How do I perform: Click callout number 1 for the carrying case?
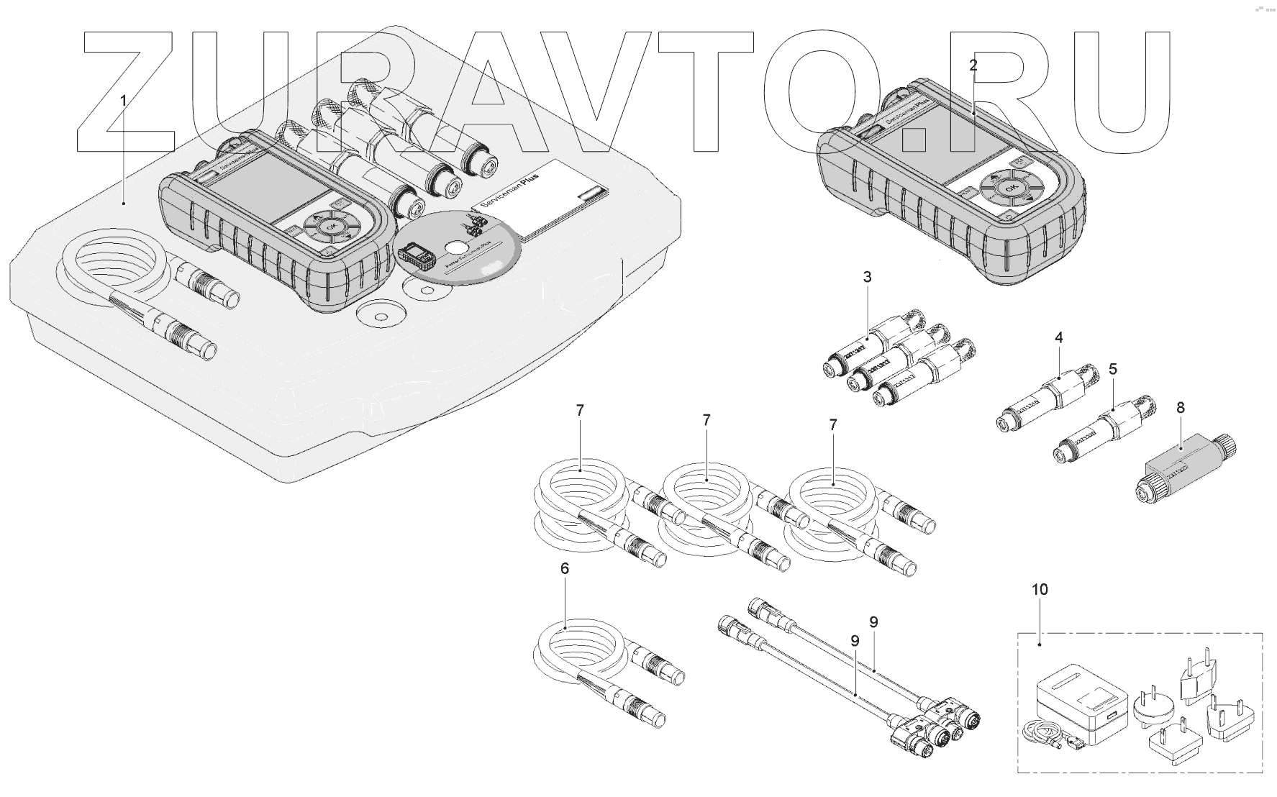point(123,101)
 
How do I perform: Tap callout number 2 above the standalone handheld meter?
point(973,65)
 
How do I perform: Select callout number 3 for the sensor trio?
point(867,277)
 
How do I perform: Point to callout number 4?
point(1058,337)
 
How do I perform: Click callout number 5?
point(1113,370)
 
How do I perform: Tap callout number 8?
point(1181,408)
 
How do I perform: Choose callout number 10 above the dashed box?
point(1040,590)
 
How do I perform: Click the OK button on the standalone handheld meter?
point(1011,188)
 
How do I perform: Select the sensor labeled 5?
point(1101,432)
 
